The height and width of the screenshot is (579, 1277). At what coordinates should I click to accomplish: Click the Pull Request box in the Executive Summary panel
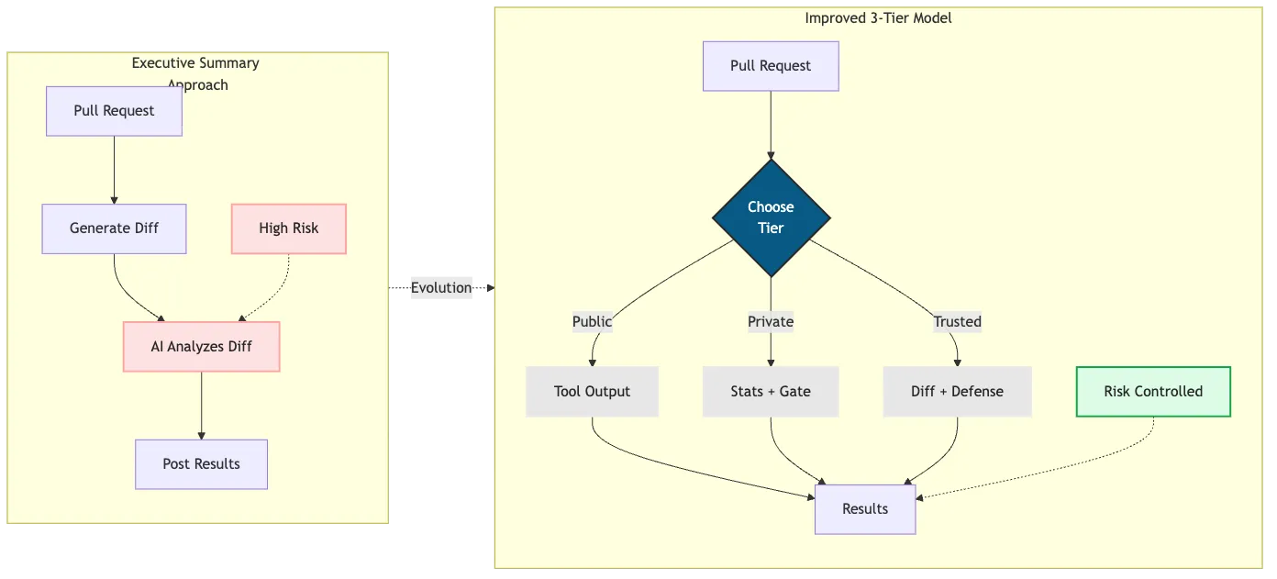click(114, 111)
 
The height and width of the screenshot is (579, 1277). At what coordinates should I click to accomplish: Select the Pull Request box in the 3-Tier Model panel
click(771, 66)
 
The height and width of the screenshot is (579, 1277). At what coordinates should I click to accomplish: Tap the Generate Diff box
click(114, 228)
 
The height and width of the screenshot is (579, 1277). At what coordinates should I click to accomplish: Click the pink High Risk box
click(288, 228)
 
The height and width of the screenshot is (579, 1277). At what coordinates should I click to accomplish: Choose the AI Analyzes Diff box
click(201, 347)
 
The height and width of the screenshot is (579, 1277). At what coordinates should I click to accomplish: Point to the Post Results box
click(201, 464)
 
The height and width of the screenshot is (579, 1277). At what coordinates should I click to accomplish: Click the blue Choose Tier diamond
click(771, 218)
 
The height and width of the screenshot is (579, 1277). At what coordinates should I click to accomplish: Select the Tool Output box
click(592, 392)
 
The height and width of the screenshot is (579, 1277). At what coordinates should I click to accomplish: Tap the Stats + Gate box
click(771, 392)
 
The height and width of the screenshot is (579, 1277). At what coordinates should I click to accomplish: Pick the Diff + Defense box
click(957, 392)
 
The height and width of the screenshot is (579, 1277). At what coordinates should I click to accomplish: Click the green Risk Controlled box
click(1153, 392)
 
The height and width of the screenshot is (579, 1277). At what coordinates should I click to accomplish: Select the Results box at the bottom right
click(865, 509)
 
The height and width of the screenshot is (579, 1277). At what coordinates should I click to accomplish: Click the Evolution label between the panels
click(442, 287)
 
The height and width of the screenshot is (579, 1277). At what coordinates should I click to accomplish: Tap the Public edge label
click(592, 322)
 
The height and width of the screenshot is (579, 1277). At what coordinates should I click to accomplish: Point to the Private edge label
click(771, 322)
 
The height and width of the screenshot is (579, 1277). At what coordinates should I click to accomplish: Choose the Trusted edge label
click(957, 322)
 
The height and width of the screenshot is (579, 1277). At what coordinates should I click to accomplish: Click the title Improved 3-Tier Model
click(878, 18)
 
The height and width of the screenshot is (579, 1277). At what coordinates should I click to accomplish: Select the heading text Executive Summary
click(195, 63)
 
